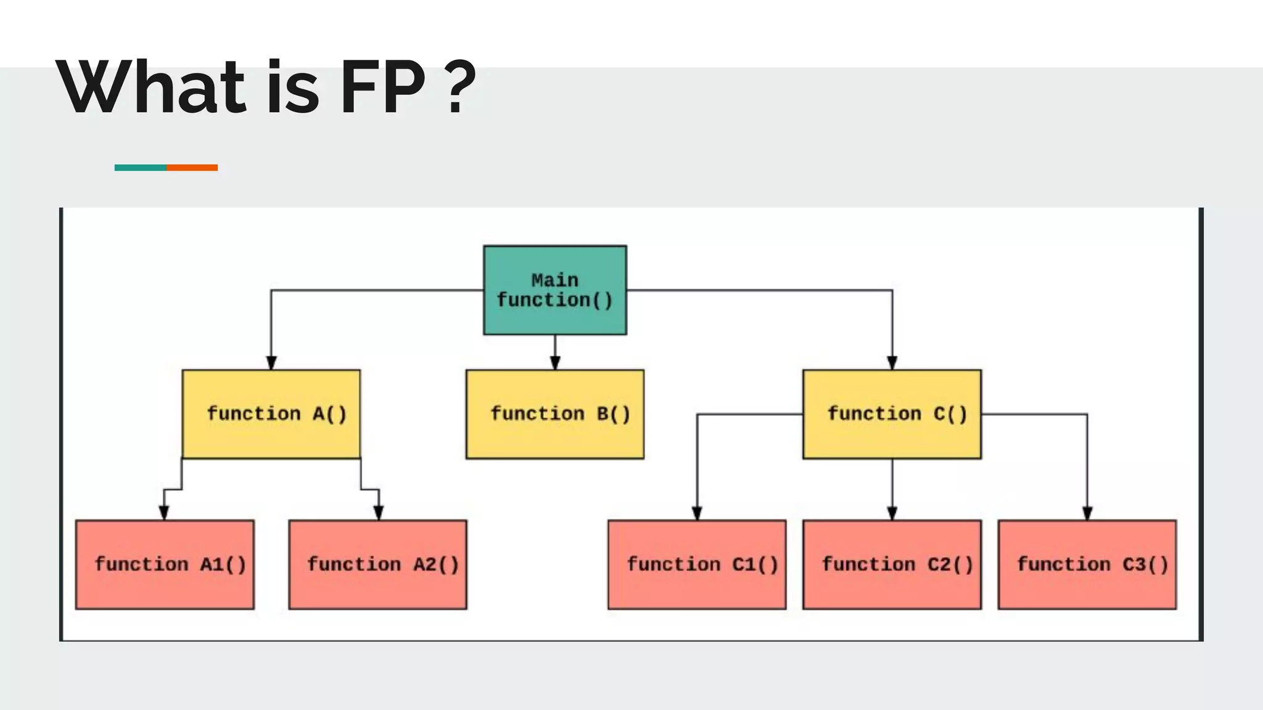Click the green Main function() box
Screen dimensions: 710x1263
tap(555, 290)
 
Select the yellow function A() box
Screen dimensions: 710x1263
tap(271, 414)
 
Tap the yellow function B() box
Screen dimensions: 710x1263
tap(555, 414)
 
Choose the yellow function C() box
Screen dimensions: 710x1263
tap(892, 414)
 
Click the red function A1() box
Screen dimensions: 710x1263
tap(165, 564)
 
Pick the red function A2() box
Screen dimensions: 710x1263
tap(377, 564)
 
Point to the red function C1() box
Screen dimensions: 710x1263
tap(697, 564)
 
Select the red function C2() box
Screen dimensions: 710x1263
tap(892, 564)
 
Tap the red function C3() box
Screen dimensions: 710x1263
tap(1087, 564)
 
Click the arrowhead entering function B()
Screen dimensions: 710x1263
tap(555, 362)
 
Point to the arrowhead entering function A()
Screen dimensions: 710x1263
tap(271, 362)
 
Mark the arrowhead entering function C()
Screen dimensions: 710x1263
tap(892, 362)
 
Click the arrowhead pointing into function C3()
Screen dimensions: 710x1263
tap(1087, 513)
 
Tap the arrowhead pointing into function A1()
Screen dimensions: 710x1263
tap(164, 513)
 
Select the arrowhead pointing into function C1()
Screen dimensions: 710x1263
tap(697, 513)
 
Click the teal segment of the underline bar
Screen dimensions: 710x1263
tap(140, 168)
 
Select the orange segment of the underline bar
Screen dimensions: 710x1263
tap(192, 168)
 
